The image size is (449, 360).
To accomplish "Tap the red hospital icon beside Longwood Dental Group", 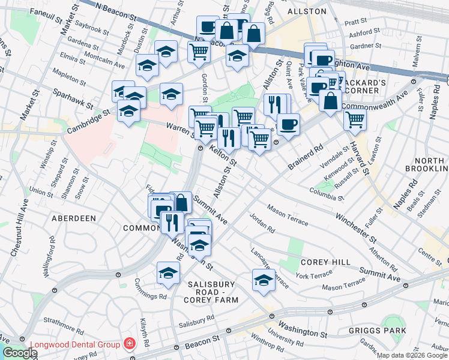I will pos(128,344).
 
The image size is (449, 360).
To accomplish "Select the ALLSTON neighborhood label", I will pos(307,11).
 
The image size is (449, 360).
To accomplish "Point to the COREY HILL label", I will pos(321,262).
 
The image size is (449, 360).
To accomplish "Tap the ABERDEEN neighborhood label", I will pos(74,218).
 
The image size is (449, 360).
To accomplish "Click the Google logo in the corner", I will pos(19,353).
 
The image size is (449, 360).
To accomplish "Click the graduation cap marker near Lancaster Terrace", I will pos(264,280).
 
